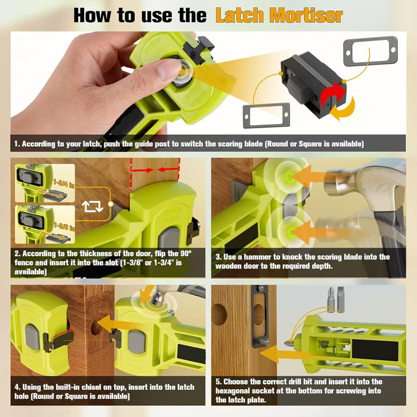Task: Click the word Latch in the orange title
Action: point(239,15)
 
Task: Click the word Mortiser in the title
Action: point(306,15)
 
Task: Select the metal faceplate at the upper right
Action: point(371,51)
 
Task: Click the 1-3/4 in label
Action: point(64,183)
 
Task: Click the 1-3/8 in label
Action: point(64,226)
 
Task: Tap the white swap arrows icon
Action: point(92,206)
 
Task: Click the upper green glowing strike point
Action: point(289,177)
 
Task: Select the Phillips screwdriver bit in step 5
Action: point(331,300)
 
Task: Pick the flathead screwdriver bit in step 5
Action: point(340,299)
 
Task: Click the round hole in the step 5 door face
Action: point(219,315)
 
